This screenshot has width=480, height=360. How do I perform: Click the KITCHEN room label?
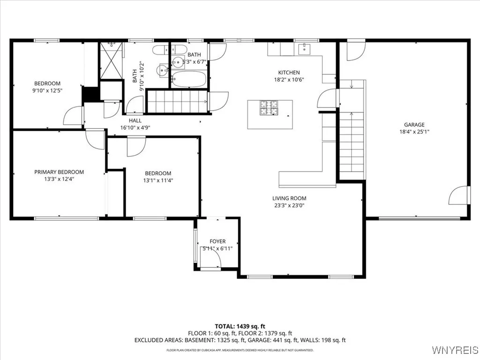tap(289, 72)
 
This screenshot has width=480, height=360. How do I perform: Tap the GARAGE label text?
tap(414, 125)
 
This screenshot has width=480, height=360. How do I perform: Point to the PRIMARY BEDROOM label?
tap(59, 172)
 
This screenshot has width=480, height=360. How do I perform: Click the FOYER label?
tap(217, 241)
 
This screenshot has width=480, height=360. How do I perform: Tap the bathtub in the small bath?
tap(188, 79)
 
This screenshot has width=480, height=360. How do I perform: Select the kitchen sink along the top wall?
tap(305, 48)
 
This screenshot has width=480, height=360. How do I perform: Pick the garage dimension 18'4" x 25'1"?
tap(414, 132)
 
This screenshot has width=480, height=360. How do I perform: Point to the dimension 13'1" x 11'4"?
tap(157, 180)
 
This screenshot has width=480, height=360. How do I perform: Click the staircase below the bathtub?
tap(177, 102)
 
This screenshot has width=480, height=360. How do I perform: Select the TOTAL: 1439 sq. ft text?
tap(240, 326)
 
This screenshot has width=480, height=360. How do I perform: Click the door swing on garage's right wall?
tap(459, 195)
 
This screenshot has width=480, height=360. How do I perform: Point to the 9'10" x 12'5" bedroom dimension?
tap(47, 90)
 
